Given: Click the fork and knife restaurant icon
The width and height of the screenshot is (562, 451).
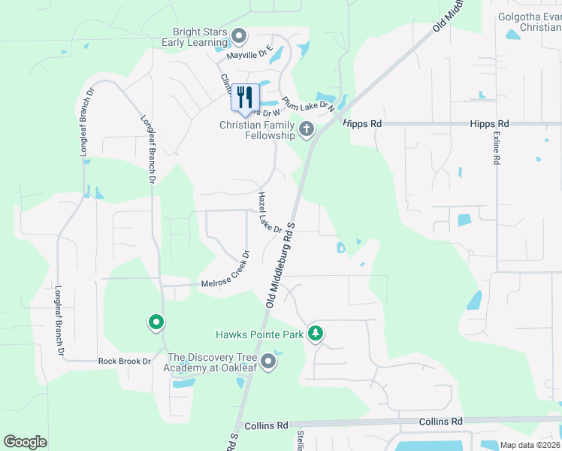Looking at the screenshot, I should pyautogui.click(x=245, y=98).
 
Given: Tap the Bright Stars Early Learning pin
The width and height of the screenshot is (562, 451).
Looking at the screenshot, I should pyautogui.click(x=240, y=35).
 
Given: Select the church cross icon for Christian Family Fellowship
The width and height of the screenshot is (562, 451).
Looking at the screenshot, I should pyautogui.click(x=306, y=130).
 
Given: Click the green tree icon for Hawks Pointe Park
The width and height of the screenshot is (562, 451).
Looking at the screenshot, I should pyautogui.click(x=316, y=333).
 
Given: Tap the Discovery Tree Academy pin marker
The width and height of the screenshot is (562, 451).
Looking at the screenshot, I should pyautogui.click(x=268, y=363).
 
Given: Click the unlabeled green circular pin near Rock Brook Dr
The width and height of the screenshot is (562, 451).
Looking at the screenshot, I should pyautogui.click(x=156, y=323).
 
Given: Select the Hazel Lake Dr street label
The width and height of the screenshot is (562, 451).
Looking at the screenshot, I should pyautogui.click(x=269, y=213).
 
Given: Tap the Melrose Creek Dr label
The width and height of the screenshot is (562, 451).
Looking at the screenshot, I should pyautogui.click(x=225, y=271).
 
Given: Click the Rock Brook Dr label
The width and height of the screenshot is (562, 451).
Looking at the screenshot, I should pyautogui.click(x=125, y=361).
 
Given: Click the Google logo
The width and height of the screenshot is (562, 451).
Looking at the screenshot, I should pyautogui.click(x=25, y=441).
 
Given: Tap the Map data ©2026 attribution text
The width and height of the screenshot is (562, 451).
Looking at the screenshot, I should pyautogui.click(x=530, y=445).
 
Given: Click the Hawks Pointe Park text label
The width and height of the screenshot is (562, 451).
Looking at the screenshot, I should pyautogui.click(x=258, y=334).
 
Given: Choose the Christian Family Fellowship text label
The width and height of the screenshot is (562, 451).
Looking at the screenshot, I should pyautogui.click(x=257, y=131).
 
